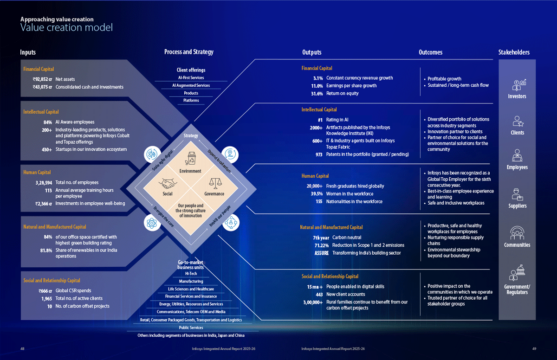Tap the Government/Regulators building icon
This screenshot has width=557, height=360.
[517, 272]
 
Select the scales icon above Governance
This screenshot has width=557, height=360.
[215, 183]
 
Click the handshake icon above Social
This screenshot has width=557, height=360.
[168, 184]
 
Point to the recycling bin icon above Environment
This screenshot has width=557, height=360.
[190, 159]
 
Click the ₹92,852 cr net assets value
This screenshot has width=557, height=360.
[42, 79]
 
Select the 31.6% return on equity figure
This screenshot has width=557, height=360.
[317, 94]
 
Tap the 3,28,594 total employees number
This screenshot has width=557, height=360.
[44, 183]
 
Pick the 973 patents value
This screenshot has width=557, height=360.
[319, 154]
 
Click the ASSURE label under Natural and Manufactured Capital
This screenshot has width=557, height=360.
[322, 253]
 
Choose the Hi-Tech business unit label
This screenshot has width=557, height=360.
[191, 274]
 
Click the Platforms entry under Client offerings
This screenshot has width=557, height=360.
[191, 100]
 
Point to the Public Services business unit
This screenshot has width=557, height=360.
[191, 328]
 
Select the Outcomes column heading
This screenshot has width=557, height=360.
[430, 52]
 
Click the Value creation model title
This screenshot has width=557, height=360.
[66, 27]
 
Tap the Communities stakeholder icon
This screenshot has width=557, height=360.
[517, 233]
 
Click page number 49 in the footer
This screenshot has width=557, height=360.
[534, 349]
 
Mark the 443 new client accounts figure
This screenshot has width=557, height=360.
[319, 295]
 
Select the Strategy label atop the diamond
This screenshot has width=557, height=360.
[191, 135]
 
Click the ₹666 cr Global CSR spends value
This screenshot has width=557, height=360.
[45, 291]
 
